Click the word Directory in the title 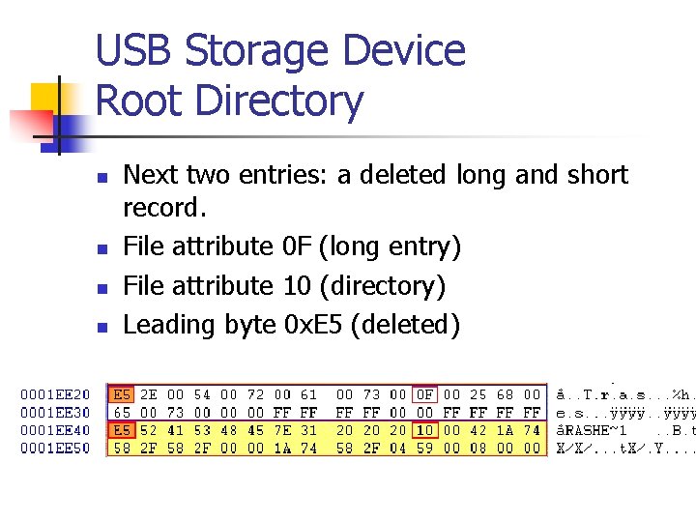(x=279, y=101)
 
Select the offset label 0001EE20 (x=56, y=394)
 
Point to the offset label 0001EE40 (x=56, y=430)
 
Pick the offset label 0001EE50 (x=56, y=449)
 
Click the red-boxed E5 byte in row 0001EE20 (x=123, y=394)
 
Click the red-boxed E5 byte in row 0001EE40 (x=123, y=430)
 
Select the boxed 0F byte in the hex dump (x=424, y=394)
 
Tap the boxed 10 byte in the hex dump (x=424, y=430)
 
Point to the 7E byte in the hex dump (x=282, y=430)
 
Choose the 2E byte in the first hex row (x=149, y=394)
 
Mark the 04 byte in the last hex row (x=398, y=449)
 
